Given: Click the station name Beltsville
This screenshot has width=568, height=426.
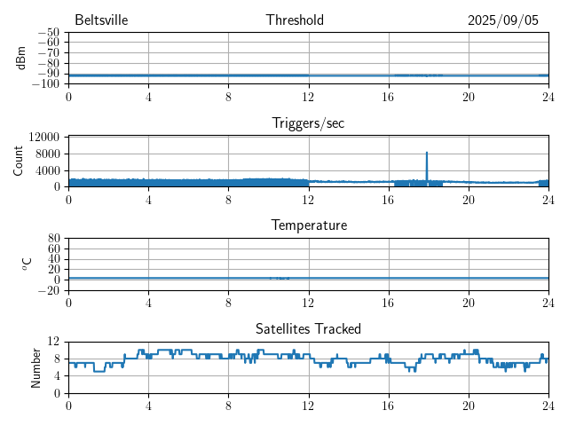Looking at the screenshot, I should click(102, 20).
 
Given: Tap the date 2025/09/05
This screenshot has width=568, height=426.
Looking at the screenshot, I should click(503, 20).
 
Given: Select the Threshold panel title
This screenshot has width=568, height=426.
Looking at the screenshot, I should click(308, 20).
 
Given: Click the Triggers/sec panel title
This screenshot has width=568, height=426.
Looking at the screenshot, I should click(308, 123).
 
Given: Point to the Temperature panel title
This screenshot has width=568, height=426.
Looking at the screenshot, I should click(308, 225).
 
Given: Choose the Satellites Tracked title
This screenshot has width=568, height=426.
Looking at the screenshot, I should click(308, 328).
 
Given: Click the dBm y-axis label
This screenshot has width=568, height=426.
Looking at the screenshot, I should click(21, 58).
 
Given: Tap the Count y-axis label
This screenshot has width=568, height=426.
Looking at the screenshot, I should click(18, 161).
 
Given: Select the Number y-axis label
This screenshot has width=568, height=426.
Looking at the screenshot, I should click(35, 367).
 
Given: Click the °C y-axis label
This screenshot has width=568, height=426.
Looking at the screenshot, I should click(27, 264).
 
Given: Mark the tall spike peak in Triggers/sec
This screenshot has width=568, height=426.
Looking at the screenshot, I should click(427, 153).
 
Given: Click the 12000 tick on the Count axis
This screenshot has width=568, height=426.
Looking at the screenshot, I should click(43, 137).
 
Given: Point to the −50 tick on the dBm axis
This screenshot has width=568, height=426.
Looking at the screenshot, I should click(49, 33).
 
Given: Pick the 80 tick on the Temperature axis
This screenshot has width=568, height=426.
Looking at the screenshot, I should click(54, 239).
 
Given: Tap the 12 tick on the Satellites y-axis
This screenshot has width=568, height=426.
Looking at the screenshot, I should click(54, 342).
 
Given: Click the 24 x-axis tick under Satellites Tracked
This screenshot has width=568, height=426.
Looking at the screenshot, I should click(548, 405).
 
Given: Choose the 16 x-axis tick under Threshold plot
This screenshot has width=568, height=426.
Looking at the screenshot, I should click(388, 97).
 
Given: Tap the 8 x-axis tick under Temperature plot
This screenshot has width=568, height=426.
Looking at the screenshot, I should click(228, 303).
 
